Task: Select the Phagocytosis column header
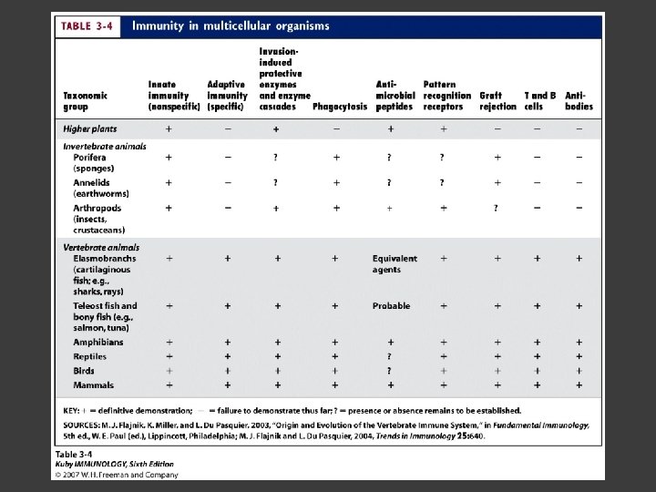pyautogui.click(x=340, y=107)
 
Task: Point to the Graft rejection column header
pyautogui.click(x=497, y=100)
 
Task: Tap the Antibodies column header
pyautogui.click(x=579, y=100)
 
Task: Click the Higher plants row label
pyautogui.click(x=90, y=129)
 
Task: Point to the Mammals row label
pyautogui.click(x=94, y=385)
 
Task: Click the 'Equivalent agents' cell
pyautogui.click(x=395, y=264)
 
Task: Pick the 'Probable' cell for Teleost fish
pyautogui.click(x=391, y=306)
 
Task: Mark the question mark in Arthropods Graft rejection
pyautogui.click(x=497, y=208)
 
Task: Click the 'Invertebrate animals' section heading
pyautogui.click(x=105, y=146)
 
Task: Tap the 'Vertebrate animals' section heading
pyautogui.click(x=101, y=247)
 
